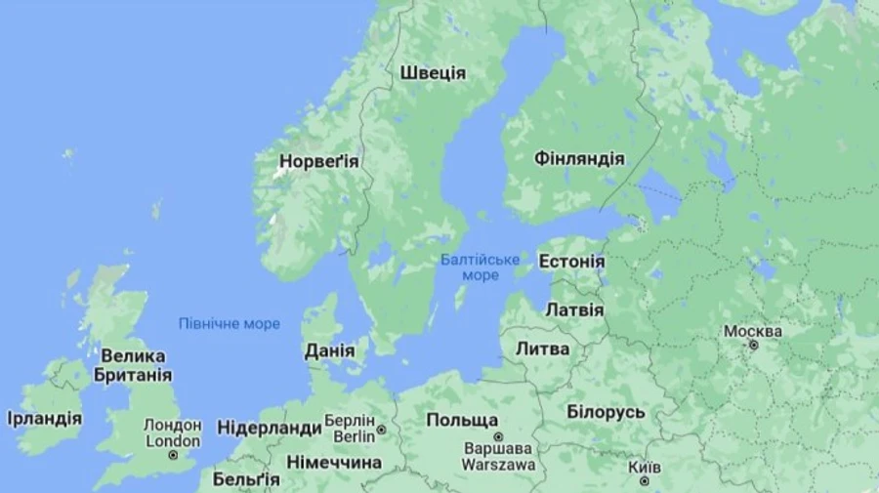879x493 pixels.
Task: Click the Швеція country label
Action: (433, 73)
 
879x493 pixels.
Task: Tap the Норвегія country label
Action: (319, 161)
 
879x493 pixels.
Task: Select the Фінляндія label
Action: (579, 158)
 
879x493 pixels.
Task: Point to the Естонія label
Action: (572, 262)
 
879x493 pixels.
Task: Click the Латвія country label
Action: (574, 309)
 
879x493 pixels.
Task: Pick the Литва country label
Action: (542, 349)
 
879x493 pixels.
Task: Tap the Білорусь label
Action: (606, 412)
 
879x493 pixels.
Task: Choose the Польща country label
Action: (462, 420)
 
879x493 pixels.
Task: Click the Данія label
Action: (329, 350)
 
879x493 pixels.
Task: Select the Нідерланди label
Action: (269, 428)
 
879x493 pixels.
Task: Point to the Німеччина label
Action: (334, 462)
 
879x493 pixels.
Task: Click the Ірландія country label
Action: (44, 418)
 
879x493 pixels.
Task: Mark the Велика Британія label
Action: (133, 365)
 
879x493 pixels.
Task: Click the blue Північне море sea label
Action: (229, 323)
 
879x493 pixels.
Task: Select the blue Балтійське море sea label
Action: (480, 267)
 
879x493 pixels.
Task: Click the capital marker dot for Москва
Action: (752, 346)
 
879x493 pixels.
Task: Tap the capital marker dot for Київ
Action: (644, 481)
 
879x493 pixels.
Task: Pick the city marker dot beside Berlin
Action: (381, 429)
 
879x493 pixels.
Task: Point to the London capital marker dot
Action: (173, 455)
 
